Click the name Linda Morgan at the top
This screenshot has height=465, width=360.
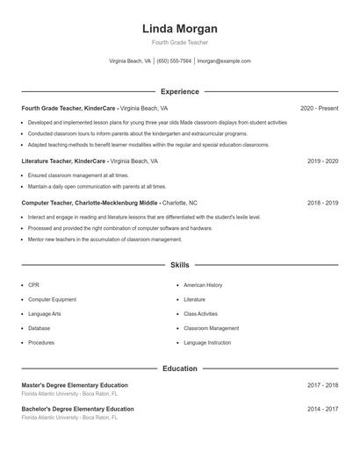point(180,29)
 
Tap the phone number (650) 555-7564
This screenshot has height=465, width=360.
point(174,61)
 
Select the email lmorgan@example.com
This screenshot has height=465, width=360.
point(224,61)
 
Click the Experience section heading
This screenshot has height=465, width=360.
point(180,91)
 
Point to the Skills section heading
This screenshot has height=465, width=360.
point(180,265)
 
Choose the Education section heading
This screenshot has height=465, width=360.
point(180,368)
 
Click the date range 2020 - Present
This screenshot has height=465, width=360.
point(319,108)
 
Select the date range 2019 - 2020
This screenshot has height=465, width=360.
point(323,161)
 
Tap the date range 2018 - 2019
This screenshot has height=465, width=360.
point(323,203)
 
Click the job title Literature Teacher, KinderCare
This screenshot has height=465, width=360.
point(64,161)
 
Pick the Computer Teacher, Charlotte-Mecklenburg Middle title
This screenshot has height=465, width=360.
point(90,203)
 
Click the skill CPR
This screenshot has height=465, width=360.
point(33,285)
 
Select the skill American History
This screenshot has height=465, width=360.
point(203,285)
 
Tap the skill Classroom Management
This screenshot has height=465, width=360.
point(211,328)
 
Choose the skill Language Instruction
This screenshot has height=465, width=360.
point(207,342)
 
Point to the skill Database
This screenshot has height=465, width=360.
point(39,328)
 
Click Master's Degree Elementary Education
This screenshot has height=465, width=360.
point(75,385)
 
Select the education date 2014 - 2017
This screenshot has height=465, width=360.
point(323,409)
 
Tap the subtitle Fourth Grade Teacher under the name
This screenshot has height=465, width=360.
point(180,42)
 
